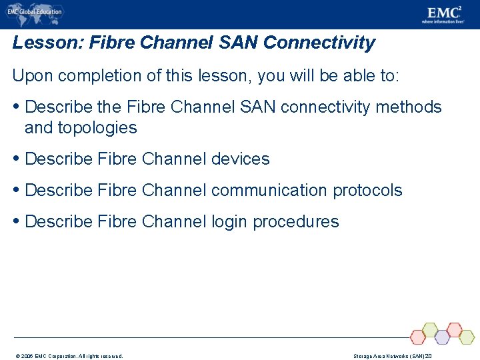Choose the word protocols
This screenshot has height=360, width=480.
tap(367, 191)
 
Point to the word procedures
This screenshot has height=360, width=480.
tap(296, 222)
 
